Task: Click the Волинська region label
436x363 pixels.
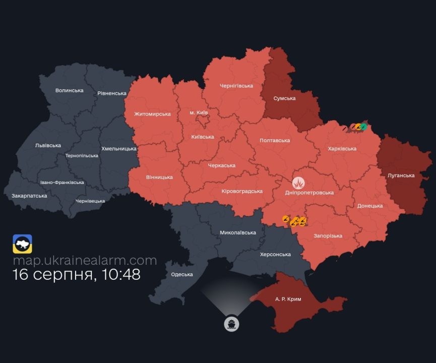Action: pos(69,90)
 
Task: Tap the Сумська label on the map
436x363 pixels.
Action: pos(284,98)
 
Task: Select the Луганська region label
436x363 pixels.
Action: pos(401,175)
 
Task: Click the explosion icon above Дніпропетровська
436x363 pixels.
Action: pos(299,181)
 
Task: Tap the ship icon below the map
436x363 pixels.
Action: pos(231,324)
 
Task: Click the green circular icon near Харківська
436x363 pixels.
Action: pos(362,127)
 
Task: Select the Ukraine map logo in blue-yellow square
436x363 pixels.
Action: pos(22,244)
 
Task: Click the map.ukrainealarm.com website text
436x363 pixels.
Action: pos(85,261)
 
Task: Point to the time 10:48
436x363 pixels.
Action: pos(119,275)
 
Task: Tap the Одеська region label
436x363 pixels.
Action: pos(182,274)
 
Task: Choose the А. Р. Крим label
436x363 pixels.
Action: pos(288,299)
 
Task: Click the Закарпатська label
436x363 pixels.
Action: pos(29,196)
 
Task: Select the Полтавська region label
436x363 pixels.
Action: pos(275,140)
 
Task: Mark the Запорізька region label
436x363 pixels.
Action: pos(328,236)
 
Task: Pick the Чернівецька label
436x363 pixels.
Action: pos(90,201)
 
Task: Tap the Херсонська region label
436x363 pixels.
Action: pos(275,255)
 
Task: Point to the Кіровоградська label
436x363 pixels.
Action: pos(242,191)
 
